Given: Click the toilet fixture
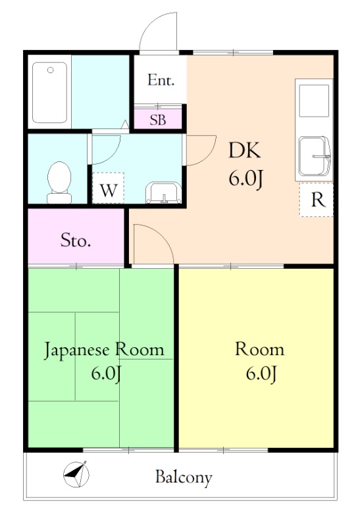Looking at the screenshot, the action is click(59, 182).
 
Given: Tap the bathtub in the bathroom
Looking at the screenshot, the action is click(50, 92).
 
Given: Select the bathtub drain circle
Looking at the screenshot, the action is click(51, 70).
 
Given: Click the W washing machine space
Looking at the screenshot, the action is click(108, 188).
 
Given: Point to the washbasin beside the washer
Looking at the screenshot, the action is click(163, 192).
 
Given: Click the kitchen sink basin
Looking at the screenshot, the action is click(313, 156).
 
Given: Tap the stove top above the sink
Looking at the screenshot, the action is click(314, 101).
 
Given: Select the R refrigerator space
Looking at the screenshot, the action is click(317, 200).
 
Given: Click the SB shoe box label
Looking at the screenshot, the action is click(158, 120).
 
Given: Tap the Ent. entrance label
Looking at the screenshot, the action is click(161, 80).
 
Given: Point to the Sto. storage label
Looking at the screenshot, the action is click(76, 240).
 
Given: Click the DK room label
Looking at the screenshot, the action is click(244, 150).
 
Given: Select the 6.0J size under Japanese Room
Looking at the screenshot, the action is click(106, 374).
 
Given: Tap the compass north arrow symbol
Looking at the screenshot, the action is click(76, 474).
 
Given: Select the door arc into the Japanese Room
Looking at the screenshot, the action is click(161, 235).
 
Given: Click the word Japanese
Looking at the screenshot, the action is click(77, 350).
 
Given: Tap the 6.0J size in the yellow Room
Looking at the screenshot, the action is click(261, 374).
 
